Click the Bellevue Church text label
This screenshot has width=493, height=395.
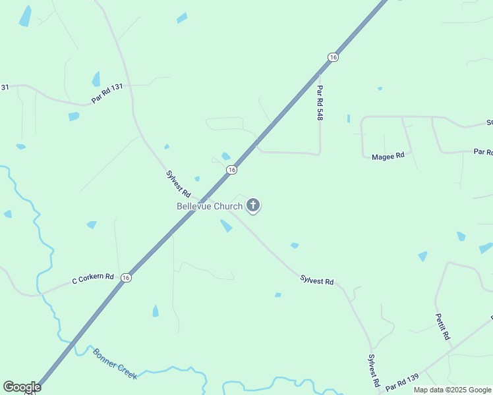(210, 206)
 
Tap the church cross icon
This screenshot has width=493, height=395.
(253, 206)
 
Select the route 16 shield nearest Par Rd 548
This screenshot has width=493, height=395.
(333, 58)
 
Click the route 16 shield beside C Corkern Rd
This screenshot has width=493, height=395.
(126, 278)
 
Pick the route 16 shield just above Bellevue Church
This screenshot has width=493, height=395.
(231, 170)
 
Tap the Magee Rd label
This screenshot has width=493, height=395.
(388, 157)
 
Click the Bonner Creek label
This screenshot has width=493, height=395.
(115, 363)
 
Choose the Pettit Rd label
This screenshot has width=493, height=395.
(442, 326)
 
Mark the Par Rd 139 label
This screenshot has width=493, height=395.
(402, 381)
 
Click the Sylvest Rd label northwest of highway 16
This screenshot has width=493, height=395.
(178, 184)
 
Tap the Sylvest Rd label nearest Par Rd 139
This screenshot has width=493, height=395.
(373, 370)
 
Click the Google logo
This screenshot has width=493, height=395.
(22, 387)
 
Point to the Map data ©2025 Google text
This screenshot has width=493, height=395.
(452, 390)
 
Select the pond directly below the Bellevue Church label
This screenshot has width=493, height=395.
(226, 226)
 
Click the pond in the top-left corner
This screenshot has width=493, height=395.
(25, 16)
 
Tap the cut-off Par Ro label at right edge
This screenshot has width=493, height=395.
(483, 152)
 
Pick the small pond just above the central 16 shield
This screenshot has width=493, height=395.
(226, 156)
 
